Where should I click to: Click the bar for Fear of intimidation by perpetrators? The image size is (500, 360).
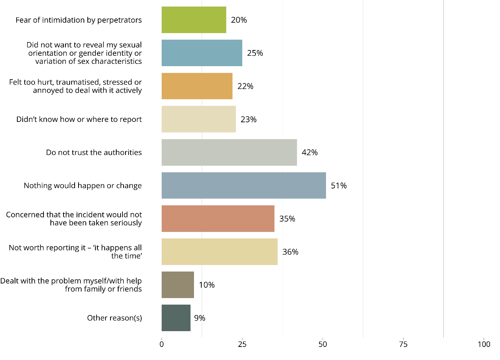[194, 20]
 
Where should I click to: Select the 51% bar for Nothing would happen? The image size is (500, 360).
[244, 185]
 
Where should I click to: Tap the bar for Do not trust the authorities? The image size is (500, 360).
[229, 152]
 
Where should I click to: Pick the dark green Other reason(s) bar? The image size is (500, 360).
[176, 318]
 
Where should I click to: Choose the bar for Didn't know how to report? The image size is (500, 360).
[199, 119]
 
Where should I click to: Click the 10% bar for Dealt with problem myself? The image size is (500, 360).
[177, 285]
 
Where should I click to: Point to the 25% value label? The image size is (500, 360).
[255, 53]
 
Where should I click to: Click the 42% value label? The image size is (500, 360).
[309, 152]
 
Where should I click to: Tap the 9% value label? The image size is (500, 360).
[199, 318]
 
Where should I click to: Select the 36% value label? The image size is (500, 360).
[290, 252]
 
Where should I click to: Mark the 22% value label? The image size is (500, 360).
[245, 86]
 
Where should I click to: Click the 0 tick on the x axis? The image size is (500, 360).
[162, 344]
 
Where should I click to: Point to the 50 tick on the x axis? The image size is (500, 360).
[323, 344]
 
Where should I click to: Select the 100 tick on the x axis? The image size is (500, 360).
[484, 344]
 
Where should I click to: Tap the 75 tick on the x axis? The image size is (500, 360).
[403, 344]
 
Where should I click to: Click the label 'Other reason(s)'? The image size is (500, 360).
[114, 318]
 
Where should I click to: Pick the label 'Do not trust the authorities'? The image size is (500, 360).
[94, 152]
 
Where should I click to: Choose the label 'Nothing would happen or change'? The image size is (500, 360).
[83, 185]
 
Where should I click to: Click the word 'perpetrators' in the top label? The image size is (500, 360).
[119, 20]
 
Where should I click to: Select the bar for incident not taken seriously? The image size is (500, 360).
[218, 218]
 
